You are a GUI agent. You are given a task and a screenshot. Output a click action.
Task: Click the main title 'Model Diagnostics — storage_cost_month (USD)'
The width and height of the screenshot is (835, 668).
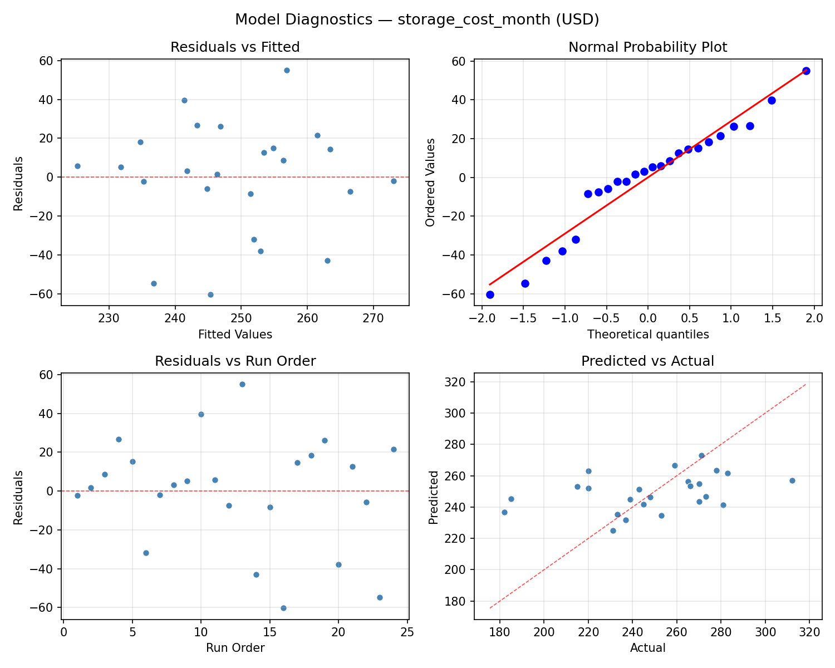(x=417, y=19)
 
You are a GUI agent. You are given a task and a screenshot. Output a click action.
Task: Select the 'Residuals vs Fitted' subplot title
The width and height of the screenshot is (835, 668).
(x=235, y=47)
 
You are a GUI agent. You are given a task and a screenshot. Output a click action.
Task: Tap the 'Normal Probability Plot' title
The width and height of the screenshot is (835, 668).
(x=647, y=47)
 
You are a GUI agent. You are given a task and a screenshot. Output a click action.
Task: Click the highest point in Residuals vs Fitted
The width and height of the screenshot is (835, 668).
(x=287, y=70)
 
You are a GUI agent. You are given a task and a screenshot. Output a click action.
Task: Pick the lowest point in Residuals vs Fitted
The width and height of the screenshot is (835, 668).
(x=210, y=294)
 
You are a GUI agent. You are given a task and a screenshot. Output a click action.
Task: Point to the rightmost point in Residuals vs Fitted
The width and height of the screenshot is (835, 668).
(x=394, y=181)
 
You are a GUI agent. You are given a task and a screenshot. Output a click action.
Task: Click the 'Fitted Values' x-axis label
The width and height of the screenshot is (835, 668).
(x=235, y=335)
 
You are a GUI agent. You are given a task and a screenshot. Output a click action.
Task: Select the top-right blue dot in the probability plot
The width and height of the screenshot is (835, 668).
(x=806, y=71)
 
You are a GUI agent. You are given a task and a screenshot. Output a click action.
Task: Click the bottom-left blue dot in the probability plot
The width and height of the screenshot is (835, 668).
(x=490, y=294)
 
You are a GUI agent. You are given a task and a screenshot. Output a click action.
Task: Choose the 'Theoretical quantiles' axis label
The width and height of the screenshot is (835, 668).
(x=647, y=335)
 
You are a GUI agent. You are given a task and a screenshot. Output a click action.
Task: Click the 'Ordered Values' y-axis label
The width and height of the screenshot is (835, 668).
(x=430, y=182)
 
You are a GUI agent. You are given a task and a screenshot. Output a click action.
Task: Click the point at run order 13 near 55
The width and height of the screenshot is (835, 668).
(x=242, y=384)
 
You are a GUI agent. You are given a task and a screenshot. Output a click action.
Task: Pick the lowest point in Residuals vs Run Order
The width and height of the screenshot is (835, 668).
(x=283, y=608)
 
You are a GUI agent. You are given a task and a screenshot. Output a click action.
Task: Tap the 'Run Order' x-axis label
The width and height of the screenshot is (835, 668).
(x=235, y=648)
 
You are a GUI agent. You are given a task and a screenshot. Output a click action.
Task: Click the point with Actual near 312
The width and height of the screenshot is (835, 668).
(x=792, y=480)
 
